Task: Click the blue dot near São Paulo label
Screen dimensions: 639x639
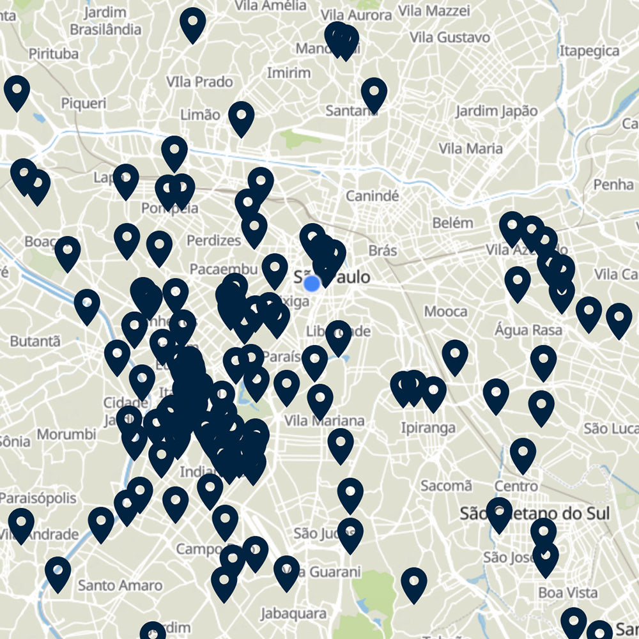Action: (312, 283)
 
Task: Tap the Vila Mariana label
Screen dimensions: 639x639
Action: (324, 421)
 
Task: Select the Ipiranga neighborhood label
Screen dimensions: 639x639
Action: (428, 427)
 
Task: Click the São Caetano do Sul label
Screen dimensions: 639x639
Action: (535, 514)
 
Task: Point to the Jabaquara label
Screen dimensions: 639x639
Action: (293, 613)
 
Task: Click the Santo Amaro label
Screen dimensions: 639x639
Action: (120, 585)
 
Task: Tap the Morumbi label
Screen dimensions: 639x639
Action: (66, 435)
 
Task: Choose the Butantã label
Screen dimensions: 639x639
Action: (35, 341)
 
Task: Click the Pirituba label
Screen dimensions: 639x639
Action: (54, 53)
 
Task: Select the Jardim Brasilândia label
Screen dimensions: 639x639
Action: (105, 21)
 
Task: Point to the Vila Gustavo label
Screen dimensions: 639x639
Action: (450, 38)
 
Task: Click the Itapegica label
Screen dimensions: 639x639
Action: (589, 50)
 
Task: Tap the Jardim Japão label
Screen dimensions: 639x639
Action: (497, 111)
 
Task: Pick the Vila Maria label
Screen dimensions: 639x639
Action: (471, 148)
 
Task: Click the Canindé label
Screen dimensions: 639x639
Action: (372, 196)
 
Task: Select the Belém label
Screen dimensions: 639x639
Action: (452, 223)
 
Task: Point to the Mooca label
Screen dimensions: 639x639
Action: (445, 312)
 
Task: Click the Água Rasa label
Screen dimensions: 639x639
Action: (528, 330)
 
